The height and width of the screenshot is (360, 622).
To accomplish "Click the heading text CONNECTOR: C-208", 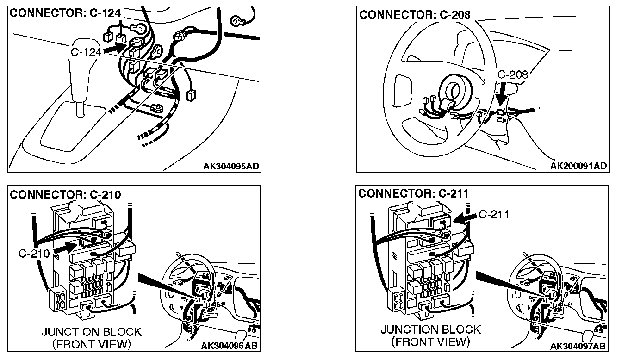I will click(x=415, y=15).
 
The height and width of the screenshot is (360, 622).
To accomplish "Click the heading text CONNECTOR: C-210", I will click(x=65, y=194).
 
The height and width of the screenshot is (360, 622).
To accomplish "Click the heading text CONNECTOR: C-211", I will click(x=413, y=193).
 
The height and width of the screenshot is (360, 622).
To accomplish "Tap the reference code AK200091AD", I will click(x=578, y=166).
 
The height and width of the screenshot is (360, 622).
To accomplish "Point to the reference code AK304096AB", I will click(x=230, y=346).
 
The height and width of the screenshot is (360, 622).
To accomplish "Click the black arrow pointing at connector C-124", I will click(x=114, y=48).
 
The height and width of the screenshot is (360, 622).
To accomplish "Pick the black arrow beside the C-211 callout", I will click(x=464, y=217).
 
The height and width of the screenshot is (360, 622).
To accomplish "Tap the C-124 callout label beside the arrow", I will click(x=86, y=52).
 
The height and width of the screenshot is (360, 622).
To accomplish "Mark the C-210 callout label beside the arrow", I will click(x=35, y=254).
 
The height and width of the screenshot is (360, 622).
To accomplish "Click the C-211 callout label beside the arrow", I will click(x=493, y=214).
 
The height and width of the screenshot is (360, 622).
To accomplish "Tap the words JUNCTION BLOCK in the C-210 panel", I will click(x=91, y=332).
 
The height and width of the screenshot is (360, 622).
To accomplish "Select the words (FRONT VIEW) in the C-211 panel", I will click(x=430, y=342).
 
